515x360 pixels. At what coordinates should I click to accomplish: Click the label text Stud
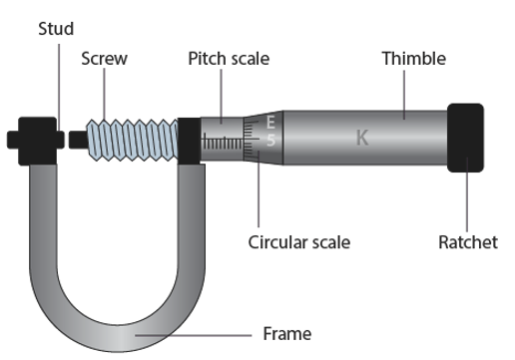point(56,29)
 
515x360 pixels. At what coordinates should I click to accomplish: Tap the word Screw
point(104,59)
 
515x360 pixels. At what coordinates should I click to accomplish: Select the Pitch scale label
point(229,59)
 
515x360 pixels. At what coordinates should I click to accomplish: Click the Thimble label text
point(414,59)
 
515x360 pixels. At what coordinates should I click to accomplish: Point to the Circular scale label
point(299,242)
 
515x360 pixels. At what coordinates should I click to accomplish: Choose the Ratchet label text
point(468,242)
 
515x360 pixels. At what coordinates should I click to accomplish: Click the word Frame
point(287,334)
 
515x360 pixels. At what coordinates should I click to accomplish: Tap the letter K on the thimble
point(362,138)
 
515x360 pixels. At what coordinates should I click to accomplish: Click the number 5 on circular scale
point(271,140)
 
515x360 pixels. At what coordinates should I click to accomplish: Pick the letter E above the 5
point(270,122)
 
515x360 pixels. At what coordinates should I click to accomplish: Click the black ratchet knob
point(465,138)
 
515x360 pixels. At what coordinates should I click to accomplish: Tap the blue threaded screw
point(132,140)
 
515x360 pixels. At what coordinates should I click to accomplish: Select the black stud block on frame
point(36,141)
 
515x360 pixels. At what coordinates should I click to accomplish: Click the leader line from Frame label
point(194,336)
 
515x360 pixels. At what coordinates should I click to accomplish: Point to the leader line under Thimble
point(404,95)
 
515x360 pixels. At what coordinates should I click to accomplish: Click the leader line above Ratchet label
point(467,194)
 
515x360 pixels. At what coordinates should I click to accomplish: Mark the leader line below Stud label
point(59,87)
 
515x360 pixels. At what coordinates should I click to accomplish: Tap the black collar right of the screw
point(189,141)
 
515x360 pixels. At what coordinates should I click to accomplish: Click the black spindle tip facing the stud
point(78,140)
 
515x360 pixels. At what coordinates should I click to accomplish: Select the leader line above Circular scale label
point(258,188)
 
